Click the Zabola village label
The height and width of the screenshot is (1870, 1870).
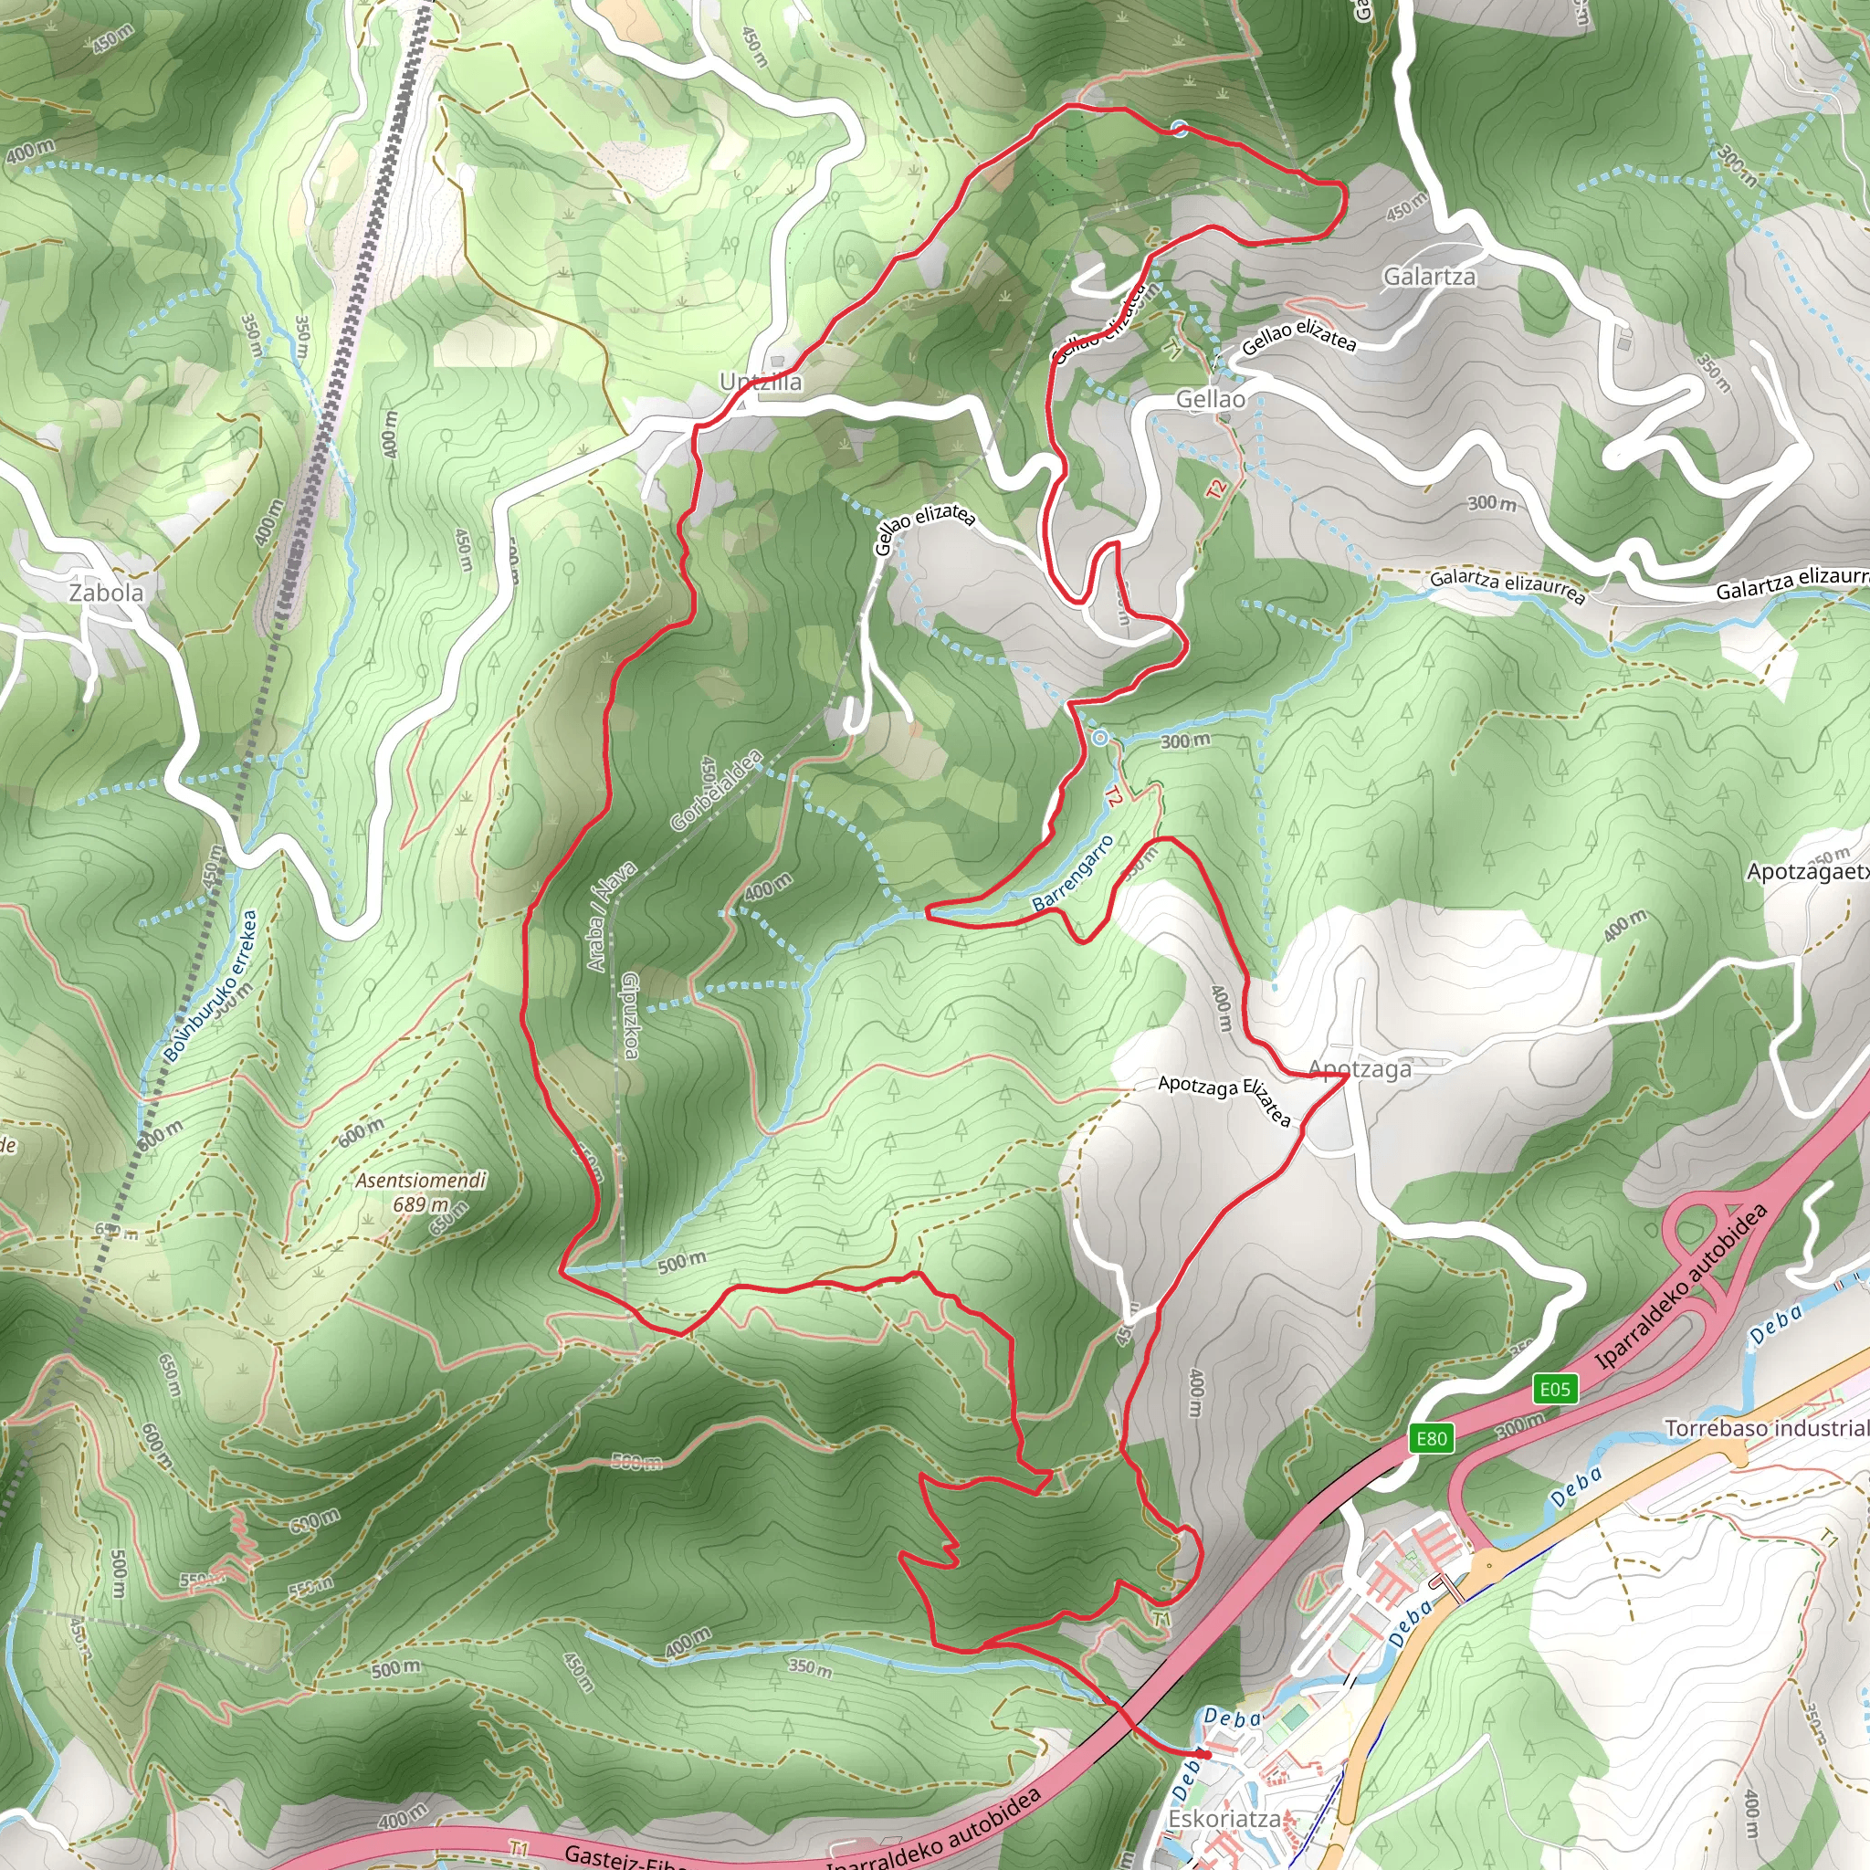pyautogui.click(x=106, y=593)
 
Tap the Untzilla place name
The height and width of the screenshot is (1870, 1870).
pyautogui.click(x=761, y=383)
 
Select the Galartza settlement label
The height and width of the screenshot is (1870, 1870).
pyautogui.click(x=1429, y=277)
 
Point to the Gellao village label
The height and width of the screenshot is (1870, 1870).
pyautogui.click(x=1210, y=399)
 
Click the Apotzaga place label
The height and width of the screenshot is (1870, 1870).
pyautogui.click(x=1359, y=1068)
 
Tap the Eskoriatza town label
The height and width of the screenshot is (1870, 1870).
pyautogui.click(x=1224, y=1819)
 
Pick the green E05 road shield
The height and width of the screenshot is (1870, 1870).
pyautogui.click(x=1554, y=1390)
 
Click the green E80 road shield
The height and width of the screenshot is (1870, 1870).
pyautogui.click(x=1432, y=1438)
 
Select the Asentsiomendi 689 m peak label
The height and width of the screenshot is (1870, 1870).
pyautogui.click(x=421, y=1192)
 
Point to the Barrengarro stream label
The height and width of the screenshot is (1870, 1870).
pyautogui.click(x=1073, y=873)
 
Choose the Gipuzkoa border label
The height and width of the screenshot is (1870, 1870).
pyautogui.click(x=630, y=1015)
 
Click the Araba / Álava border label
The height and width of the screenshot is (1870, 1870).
pyautogui.click(x=611, y=916)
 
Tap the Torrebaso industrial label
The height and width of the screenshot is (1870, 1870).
pyautogui.click(x=1767, y=1429)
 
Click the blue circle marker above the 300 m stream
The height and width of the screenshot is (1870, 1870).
pyautogui.click(x=1099, y=739)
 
